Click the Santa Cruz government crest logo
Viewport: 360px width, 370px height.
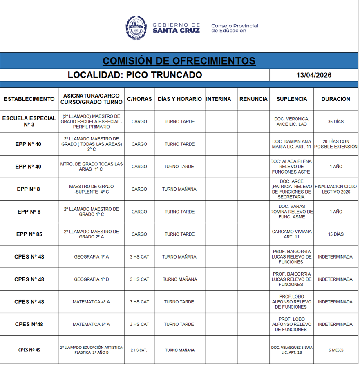[136, 27]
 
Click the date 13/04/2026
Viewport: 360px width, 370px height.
[314, 75]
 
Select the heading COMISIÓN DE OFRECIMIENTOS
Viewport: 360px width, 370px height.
[179, 61]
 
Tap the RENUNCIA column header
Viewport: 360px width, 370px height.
[253, 99]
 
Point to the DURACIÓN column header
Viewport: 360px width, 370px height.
[335, 99]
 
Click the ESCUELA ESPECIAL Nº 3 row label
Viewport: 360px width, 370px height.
[29, 121]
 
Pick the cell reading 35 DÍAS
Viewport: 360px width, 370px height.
[335, 122]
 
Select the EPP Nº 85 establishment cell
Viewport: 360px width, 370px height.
[29, 234]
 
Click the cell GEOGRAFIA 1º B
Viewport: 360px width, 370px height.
[91, 279]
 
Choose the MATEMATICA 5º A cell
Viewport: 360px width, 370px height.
[91, 324]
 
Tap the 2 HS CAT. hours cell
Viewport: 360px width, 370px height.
[139, 350]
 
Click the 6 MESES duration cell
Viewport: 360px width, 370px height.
[335, 350]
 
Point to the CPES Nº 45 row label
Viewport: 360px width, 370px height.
[29, 350]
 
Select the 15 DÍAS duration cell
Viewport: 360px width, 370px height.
[335, 234]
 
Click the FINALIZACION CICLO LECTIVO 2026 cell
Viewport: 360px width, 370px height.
[335, 189]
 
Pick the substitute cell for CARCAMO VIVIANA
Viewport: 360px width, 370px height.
[291, 234]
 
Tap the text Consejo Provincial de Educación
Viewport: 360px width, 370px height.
[235, 28]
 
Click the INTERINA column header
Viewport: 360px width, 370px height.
[219, 99]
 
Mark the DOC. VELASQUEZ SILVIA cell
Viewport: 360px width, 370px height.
[291, 350]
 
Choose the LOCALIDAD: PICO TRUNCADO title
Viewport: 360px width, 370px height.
[135, 75]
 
